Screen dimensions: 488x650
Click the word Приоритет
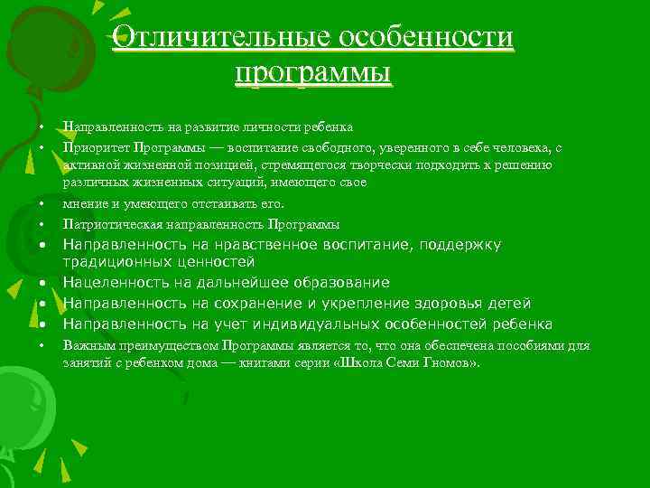tap(95, 146)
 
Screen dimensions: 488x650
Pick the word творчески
tap(373, 164)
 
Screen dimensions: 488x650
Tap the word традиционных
tap(115, 263)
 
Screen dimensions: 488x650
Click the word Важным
tap(88, 344)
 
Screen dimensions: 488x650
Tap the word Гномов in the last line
tap(445, 362)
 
